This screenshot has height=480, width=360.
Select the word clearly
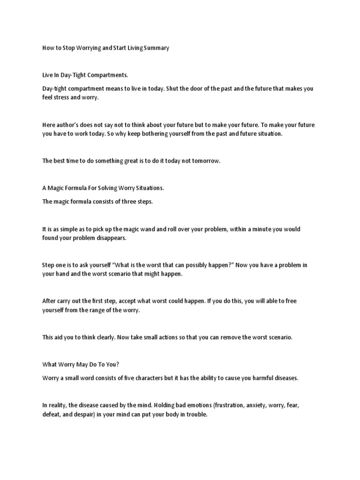(104, 337)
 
